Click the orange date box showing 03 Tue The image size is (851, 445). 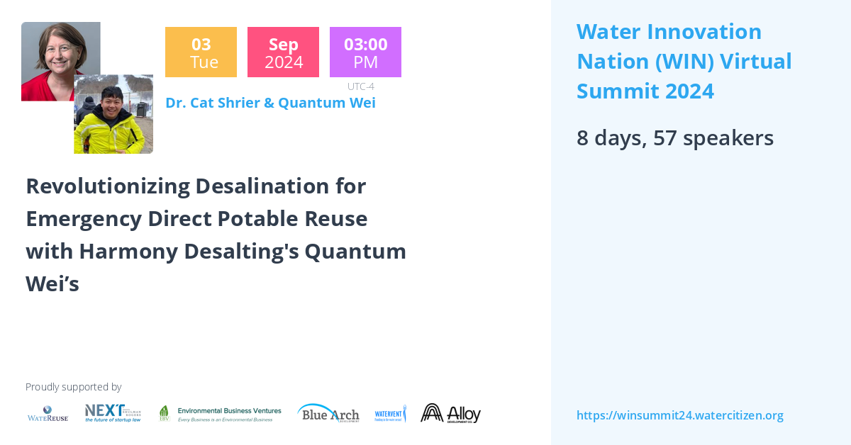[201, 52]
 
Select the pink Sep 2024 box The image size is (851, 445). [283, 52]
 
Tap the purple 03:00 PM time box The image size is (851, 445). [365, 52]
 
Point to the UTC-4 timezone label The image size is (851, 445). [360, 86]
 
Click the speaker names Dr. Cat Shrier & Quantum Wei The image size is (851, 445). [270, 103]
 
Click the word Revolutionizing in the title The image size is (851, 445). [108, 186]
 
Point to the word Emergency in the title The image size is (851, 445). [84, 218]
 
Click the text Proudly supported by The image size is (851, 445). [73, 387]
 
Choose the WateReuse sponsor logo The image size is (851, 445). [48, 413]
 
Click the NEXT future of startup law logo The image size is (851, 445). [113, 413]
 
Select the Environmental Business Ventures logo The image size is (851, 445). [220, 414]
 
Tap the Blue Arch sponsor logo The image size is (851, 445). [328, 413]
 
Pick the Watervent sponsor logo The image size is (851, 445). [390, 413]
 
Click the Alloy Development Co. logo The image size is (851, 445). [450, 413]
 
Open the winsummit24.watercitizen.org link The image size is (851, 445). [679, 415]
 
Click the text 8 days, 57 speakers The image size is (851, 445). [674, 137]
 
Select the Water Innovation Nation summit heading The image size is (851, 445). [684, 61]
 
